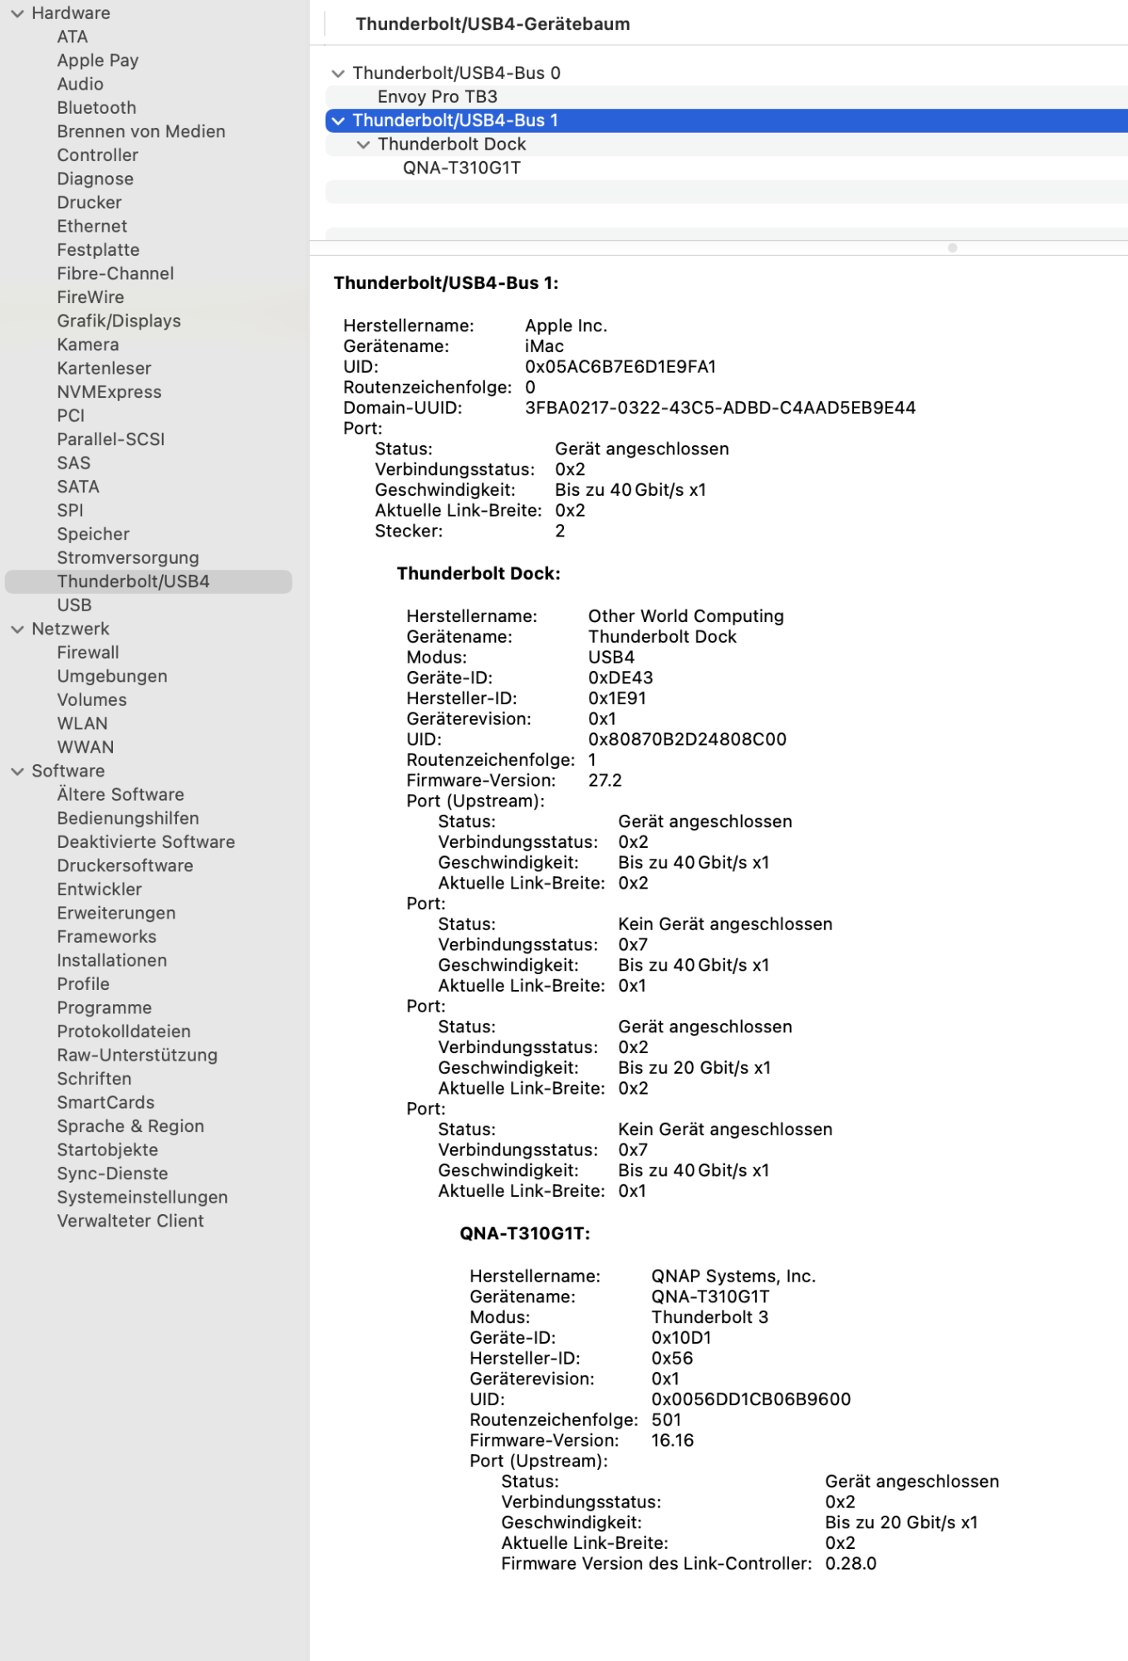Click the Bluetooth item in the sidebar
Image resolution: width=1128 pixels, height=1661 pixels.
pos(96,108)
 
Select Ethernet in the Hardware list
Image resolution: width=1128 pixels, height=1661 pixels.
pos(92,226)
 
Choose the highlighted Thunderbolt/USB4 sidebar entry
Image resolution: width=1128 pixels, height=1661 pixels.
pos(133,581)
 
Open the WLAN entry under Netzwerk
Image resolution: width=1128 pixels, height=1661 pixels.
pos(82,723)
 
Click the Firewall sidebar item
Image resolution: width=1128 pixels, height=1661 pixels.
pos(88,653)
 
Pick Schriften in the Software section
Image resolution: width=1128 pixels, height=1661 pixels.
pos(94,1079)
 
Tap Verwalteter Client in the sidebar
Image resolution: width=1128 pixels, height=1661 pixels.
pos(130,1221)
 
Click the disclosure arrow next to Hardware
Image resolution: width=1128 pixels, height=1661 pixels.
pos(17,13)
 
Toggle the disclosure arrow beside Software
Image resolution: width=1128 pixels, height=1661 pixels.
pos(17,772)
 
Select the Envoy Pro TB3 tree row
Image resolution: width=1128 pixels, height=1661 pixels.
pos(438,96)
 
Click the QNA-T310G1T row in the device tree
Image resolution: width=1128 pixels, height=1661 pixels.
pos(462,168)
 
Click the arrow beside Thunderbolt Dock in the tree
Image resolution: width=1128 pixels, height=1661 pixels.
pos(363,145)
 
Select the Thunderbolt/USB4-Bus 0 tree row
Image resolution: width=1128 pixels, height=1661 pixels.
pos(456,73)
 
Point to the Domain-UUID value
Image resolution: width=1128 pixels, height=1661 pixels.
pos(720,408)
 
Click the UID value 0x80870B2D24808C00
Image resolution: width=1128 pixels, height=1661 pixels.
pos(687,739)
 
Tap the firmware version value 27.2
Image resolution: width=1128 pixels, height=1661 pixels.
pos(605,781)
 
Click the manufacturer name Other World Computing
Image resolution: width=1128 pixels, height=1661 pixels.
pos(686,616)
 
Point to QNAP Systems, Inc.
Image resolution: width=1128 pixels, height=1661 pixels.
pos(733,1276)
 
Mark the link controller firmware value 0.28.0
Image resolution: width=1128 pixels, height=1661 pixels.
pos(851,1564)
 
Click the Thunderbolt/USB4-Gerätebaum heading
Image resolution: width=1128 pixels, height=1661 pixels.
pos(493,24)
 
